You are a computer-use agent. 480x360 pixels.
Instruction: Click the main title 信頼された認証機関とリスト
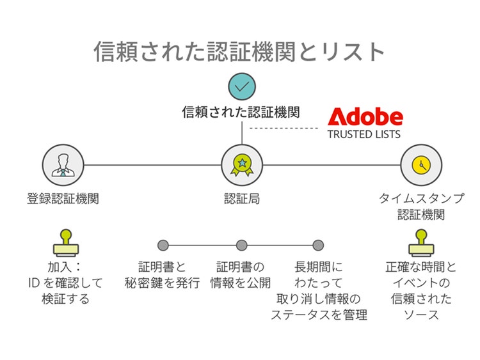click(x=240, y=52)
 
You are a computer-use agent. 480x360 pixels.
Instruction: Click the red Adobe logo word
click(x=365, y=116)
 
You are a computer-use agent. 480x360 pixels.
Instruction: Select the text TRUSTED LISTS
click(x=364, y=135)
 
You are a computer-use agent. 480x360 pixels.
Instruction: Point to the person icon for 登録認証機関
click(x=63, y=165)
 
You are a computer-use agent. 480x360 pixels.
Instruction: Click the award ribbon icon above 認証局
click(x=242, y=165)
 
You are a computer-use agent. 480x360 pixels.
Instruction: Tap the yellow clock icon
click(x=421, y=165)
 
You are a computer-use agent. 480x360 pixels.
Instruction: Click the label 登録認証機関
click(x=63, y=199)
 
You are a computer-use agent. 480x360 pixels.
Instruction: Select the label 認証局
click(x=242, y=199)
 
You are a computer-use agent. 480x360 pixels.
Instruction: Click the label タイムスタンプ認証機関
click(x=421, y=207)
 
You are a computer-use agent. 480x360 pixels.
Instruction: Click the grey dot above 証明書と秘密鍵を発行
click(x=163, y=245)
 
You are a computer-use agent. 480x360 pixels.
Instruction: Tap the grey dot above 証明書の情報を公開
click(x=241, y=245)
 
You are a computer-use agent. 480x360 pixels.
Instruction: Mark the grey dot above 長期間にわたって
click(x=318, y=245)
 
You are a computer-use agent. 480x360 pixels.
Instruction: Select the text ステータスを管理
click(x=319, y=315)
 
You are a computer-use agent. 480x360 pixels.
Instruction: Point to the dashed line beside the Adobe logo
click(x=283, y=128)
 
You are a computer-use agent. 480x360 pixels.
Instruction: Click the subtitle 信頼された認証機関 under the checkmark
click(x=241, y=113)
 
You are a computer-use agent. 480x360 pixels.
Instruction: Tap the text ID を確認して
click(x=66, y=283)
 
